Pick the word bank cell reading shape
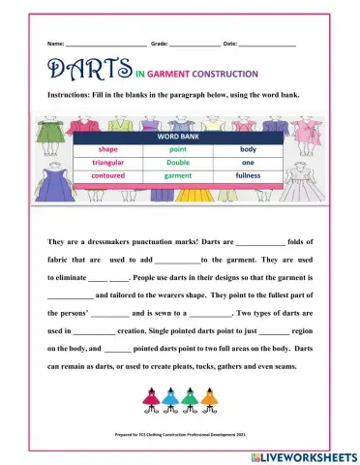(x=107, y=150)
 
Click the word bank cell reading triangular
(x=107, y=163)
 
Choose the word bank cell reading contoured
(x=107, y=176)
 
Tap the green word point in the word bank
(x=178, y=150)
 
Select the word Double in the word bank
(x=178, y=163)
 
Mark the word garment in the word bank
(x=178, y=176)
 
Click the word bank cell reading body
(x=249, y=150)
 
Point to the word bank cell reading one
(x=249, y=163)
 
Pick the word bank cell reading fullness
(x=249, y=176)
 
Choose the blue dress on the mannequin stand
(x=168, y=398)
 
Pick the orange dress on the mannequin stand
(x=207, y=398)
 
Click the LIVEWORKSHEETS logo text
(x=309, y=454)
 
